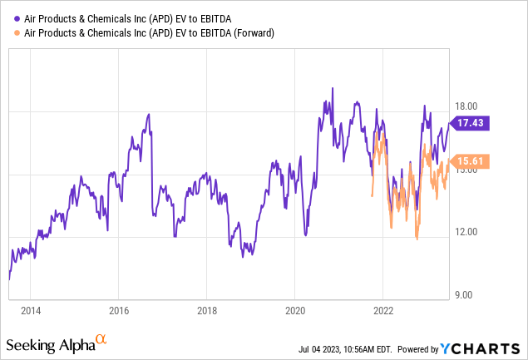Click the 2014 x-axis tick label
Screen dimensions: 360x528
pos(31,311)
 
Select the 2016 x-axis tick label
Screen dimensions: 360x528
pos(118,311)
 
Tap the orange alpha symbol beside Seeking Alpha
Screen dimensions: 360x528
pos(101,339)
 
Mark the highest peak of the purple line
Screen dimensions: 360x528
pos(333,87)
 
